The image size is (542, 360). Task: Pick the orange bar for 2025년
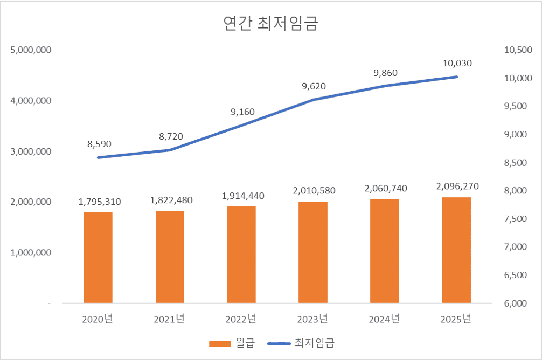tap(456, 250)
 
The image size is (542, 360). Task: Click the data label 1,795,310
tap(100, 202)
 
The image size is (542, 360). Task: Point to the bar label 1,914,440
tap(242, 196)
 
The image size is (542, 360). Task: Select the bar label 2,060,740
tap(386, 188)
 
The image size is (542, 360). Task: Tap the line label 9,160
tap(242, 112)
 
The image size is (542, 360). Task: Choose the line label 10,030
tap(457, 63)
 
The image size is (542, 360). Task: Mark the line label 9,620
tap(314, 86)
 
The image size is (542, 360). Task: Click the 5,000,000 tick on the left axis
tap(31, 50)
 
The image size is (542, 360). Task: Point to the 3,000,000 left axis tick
tap(31, 151)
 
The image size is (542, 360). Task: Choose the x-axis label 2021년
tap(169, 319)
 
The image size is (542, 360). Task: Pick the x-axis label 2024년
tap(384, 319)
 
